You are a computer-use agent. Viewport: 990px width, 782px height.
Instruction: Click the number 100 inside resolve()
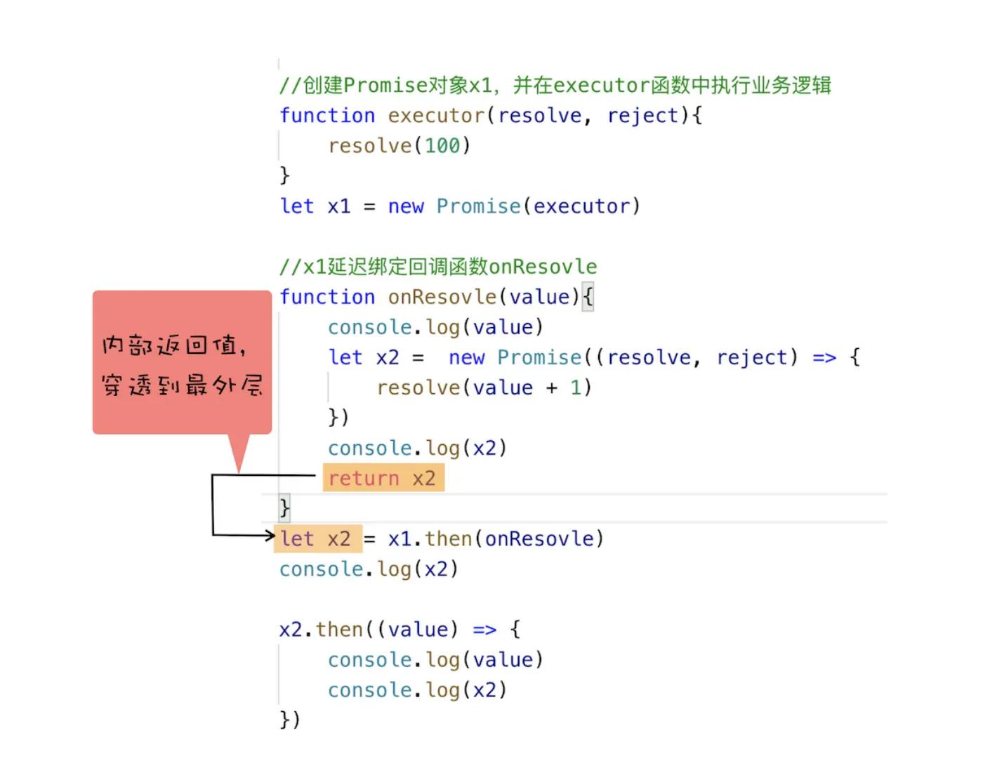click(x=442, y=146)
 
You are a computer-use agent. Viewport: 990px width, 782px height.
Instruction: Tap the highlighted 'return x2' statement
click(x=383, y=478)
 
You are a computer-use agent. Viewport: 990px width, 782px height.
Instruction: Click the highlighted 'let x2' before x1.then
click(x=317, y=538)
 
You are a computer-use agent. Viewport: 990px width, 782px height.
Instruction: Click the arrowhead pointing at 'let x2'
click(x=270, y=536)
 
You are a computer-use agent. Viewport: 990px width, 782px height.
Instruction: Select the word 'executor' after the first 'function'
click(x=436, y=116)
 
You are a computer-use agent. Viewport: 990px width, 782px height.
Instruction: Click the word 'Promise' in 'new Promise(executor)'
click(x=478, y=206)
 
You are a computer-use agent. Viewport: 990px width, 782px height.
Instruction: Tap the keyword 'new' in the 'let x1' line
click(x=406, y=206)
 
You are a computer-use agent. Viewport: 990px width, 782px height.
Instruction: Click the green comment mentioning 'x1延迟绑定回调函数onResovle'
click(x=438, y=267)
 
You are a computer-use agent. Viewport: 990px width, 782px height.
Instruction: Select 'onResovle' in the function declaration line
click(x=442, y=297)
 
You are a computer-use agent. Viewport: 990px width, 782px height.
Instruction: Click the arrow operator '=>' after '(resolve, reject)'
click(x=824, y=357)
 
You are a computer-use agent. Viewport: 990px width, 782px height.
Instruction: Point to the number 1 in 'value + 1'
click(x=576, y=387)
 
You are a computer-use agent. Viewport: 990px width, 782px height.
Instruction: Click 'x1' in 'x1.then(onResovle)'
click(x=400, y=538)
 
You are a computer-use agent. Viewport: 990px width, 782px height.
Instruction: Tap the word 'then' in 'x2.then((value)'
click(x=339, y=629)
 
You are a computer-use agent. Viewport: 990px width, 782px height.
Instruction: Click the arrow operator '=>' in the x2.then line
click(x=484, y=629)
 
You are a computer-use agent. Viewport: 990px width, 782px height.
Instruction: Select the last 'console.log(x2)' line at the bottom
click(x=417, y=690)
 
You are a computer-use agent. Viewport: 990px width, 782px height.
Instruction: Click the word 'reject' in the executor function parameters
click(x=643, y=116)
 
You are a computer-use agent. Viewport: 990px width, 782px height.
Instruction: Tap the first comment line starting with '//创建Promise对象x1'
click(x=555, y=86)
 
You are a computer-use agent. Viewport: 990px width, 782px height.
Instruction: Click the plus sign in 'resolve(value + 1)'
click(x=552, y=387)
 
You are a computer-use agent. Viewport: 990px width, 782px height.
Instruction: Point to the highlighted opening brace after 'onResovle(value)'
click(x=588, y=297)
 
